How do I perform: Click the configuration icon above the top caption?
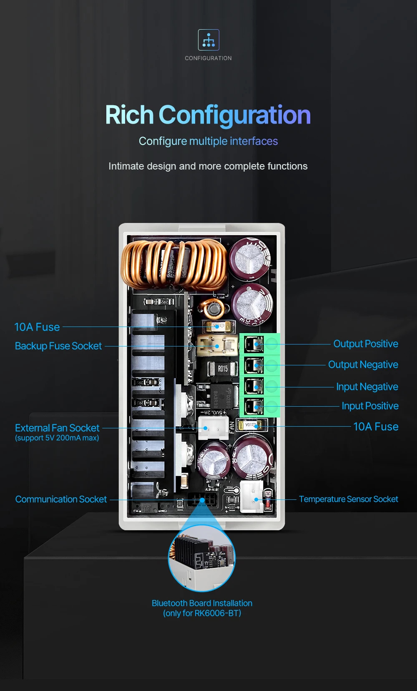[x=208, y=40]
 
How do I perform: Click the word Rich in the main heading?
[x=129, y=115]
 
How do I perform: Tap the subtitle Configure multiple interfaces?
[x=208, y=141]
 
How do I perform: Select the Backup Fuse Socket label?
[x=58, y=346]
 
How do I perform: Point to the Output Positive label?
[x=366, y=344]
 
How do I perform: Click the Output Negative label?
[x=363, y=364]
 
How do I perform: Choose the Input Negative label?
[x=367, y=387]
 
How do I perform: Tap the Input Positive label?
[x=370, y=406]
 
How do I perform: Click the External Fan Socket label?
[x=57, y=428]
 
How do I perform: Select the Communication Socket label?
[x=61, y=499]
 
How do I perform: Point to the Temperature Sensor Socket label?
[x=349, y=499]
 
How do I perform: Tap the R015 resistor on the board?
[x=223, y=369]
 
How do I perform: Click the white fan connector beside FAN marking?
[x=213, y=428]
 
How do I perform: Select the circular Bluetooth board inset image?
[x=202, y=558]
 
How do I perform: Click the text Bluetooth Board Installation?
[x=202, y=603]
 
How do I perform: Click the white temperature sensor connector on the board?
[x=251, y=497]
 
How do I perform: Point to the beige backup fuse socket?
[x=217, y=346]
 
